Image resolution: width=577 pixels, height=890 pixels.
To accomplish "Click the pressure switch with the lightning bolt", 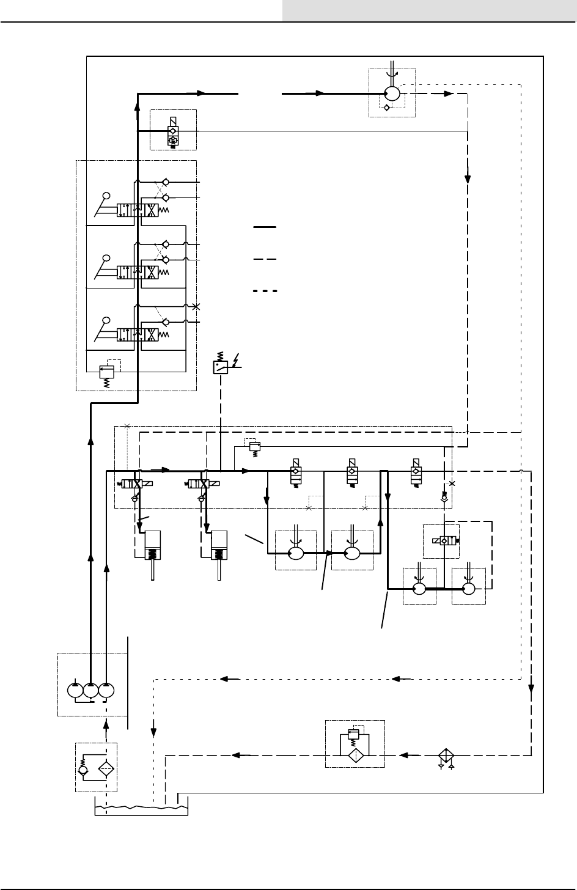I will click(x=221, y=367).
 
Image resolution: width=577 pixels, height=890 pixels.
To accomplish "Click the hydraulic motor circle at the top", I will click(x=391, y=94).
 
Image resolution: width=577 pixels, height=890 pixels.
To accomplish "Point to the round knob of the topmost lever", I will click(x=106, y=196).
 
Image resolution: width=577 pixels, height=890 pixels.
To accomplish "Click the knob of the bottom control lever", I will click(x=106, y=320).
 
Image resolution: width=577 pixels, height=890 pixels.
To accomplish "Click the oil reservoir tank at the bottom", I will click(x=140, y=806).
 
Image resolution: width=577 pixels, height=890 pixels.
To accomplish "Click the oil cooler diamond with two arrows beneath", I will click(x=446, y=754).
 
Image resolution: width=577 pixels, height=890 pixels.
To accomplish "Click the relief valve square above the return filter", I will click(x=353, y=734).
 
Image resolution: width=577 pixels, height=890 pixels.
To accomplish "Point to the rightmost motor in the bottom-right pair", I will click(x=469, y=589).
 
